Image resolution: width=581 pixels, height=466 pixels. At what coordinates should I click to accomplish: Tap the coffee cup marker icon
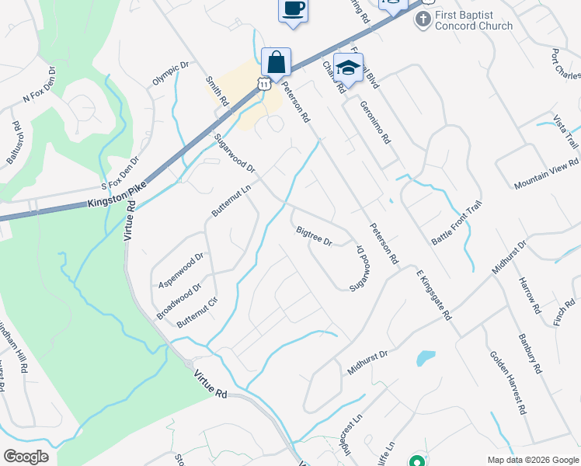click(293, 10)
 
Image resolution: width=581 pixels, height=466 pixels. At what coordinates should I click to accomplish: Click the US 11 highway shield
click(266, 82)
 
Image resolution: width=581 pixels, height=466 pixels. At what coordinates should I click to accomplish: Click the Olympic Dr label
click(171, 75)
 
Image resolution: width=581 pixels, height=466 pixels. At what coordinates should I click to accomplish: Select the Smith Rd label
click(217, 90)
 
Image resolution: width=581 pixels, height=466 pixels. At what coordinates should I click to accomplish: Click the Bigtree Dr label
click(314, 235)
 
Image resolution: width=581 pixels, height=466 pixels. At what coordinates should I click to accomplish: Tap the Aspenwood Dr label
click(180, 268)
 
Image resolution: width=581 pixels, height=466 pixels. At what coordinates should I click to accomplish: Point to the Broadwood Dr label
click(179, 301)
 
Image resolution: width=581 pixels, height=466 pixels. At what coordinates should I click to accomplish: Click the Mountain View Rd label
click(547, 176)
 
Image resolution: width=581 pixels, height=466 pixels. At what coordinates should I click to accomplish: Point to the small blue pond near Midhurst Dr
click(425, 358)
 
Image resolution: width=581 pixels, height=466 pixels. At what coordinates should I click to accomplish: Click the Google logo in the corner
click(26, 456)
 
